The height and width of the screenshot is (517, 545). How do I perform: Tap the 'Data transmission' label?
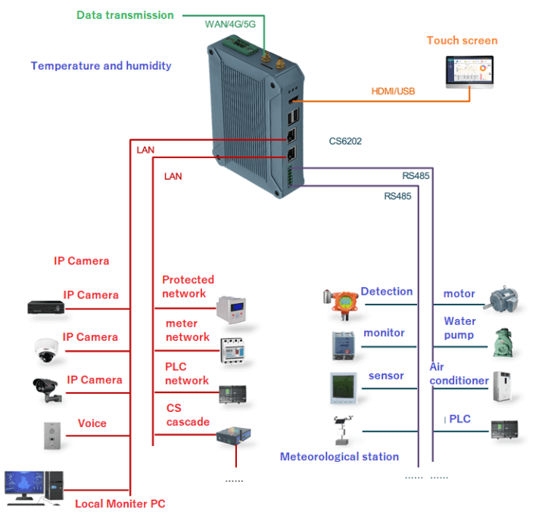[125, 15]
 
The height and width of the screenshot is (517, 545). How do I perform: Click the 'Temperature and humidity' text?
[101, 66]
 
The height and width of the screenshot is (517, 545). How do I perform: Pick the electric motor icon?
[503, 297]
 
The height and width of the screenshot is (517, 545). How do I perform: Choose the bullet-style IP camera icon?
[45, 389]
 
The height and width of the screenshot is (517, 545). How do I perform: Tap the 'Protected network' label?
[188, 286]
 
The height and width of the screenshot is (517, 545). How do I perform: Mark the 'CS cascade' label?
[188, 415]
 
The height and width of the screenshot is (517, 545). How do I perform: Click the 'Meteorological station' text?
[339, 457]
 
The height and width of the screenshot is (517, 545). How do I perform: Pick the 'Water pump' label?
[459, 328]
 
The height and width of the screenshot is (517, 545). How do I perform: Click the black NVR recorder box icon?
[45, 306]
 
